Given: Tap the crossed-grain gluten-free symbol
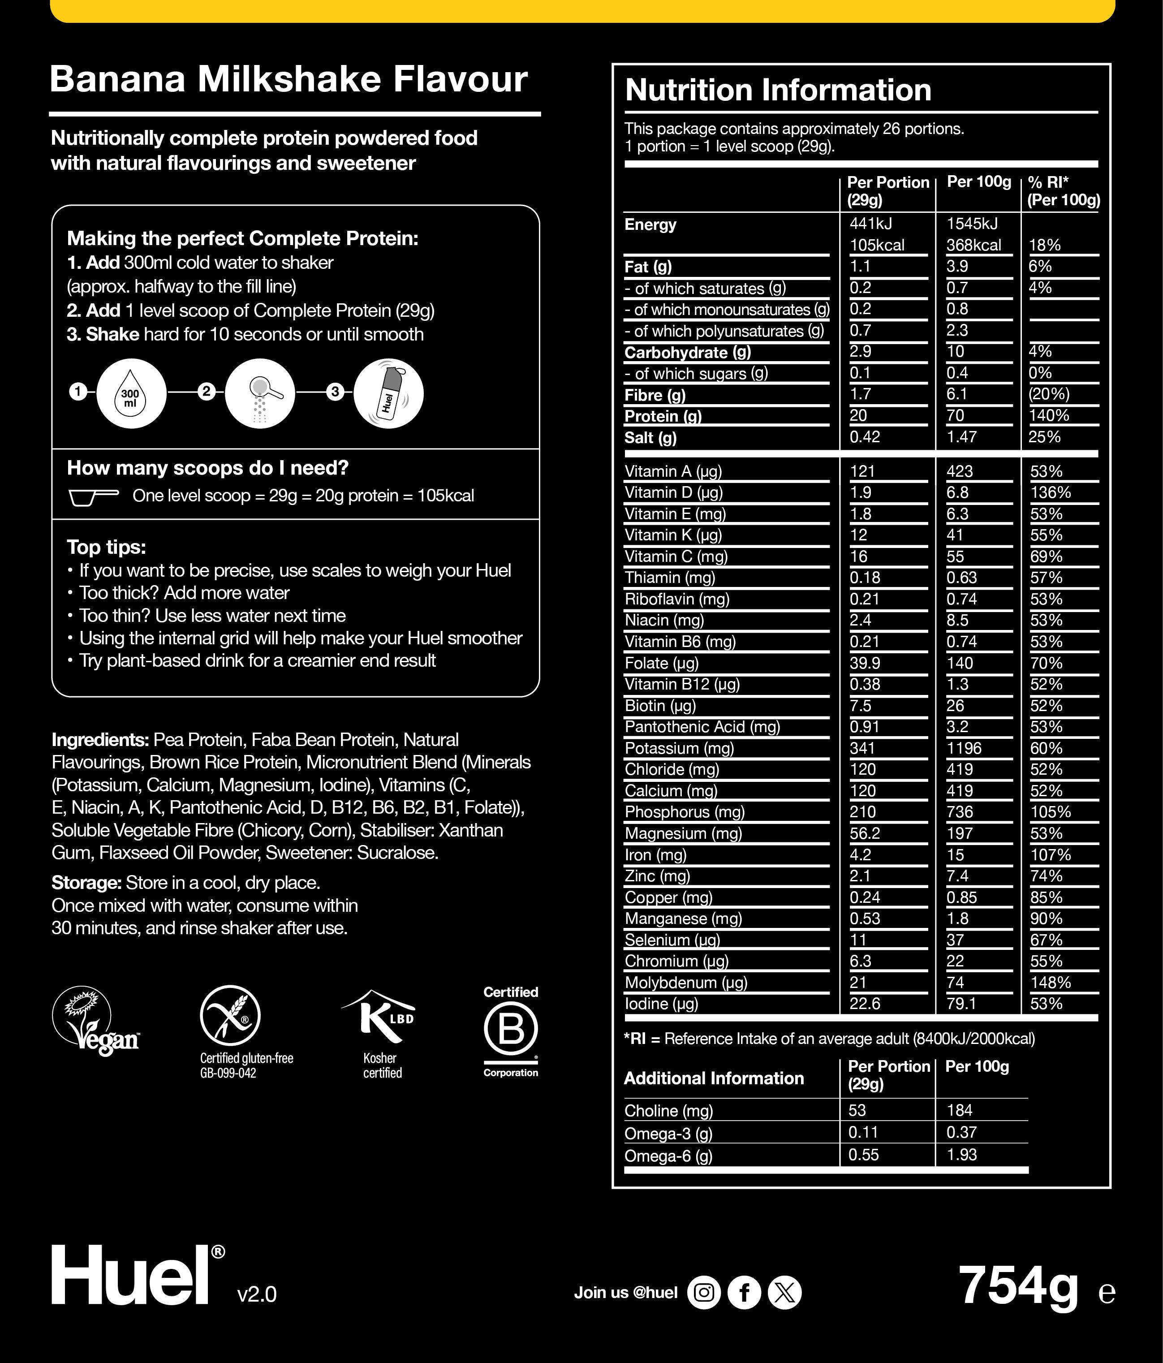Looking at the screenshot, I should pyautogui.click(x=230, y=1015).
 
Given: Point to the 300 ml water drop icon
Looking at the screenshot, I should pyautogui.click(x=131, y=393).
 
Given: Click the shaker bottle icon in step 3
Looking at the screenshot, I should pyautogui.click(x=389, y=393).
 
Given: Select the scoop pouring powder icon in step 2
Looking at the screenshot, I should pyautogui.click(x=260, y=393).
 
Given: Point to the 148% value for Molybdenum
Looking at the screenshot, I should pyautogui.click(x=1051, y=982).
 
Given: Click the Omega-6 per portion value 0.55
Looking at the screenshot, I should pyautogui.click(x=864, y=1155).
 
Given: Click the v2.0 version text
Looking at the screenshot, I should pyautogui.click(x=257, y=1294).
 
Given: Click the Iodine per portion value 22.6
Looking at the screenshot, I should pyautogui.click(x=865, y=1003).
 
